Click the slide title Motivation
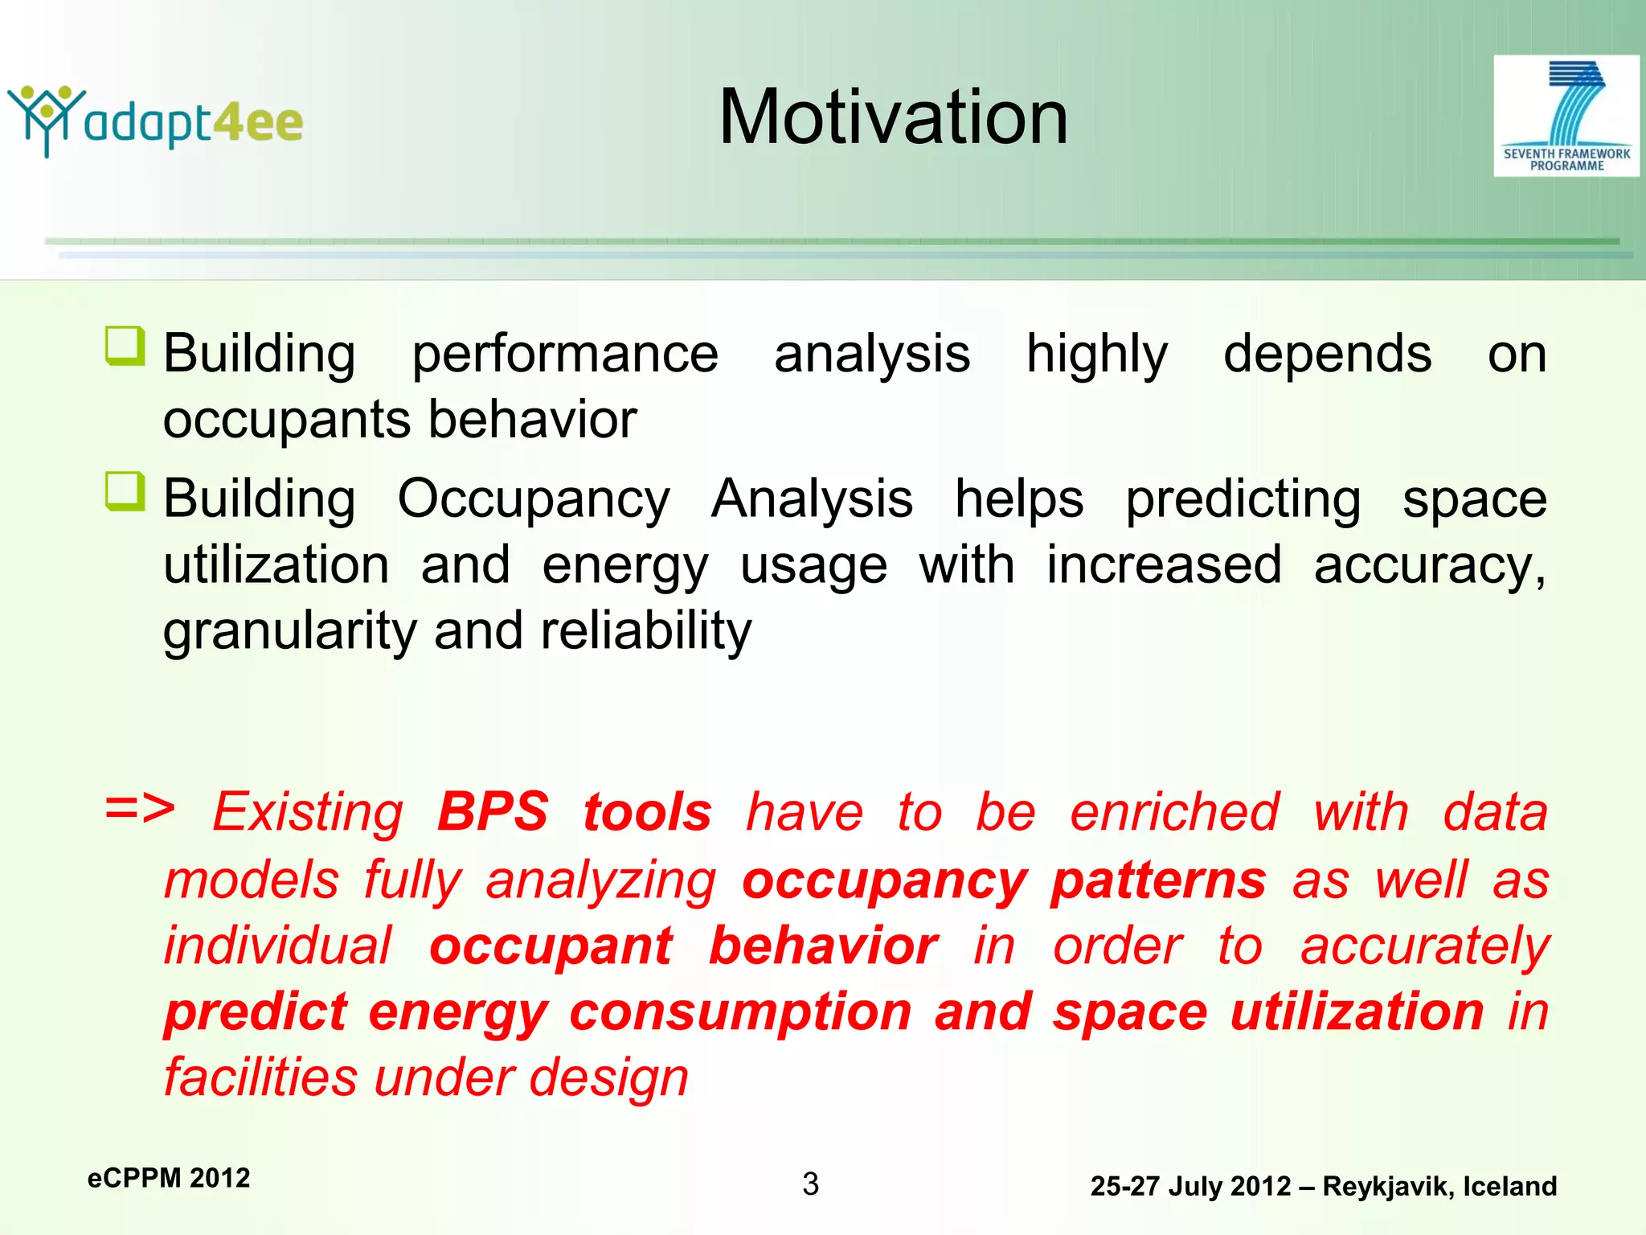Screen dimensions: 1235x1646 (893, 117)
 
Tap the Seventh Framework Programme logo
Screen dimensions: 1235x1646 (1566, 116)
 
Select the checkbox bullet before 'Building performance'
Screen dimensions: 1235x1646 (125, 347)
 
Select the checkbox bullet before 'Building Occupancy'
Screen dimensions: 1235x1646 (125, 492)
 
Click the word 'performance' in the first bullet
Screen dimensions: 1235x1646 (565, 354)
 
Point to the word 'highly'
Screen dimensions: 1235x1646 (1096, 354)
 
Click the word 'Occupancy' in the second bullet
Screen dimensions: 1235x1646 (534, 499)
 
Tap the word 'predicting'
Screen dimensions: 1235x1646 (1243, 499)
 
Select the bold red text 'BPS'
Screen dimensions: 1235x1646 (493, 811)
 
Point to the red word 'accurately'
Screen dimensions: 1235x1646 (1424, 946)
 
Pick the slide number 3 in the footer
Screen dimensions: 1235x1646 (810, 1184)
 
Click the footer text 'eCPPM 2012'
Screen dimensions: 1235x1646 (169, 1178)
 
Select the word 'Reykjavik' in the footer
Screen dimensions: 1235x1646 (1387, 1187)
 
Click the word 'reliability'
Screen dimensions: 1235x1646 (646, 631)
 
